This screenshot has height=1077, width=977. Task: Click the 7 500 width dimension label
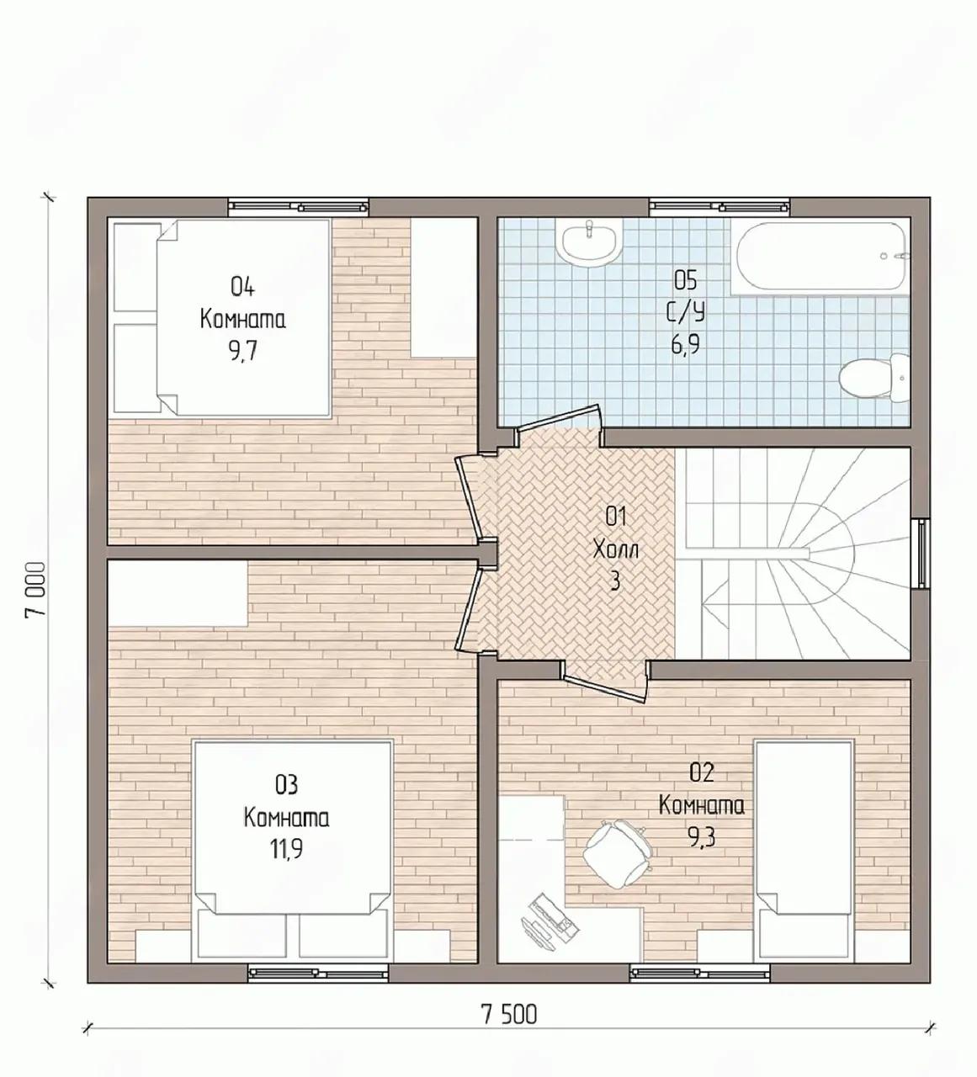pos(509,1015)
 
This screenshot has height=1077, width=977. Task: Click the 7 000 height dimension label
pos(35,591)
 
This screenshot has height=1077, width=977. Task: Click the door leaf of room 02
pos(604,689)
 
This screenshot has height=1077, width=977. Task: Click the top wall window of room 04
pos(299,207)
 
